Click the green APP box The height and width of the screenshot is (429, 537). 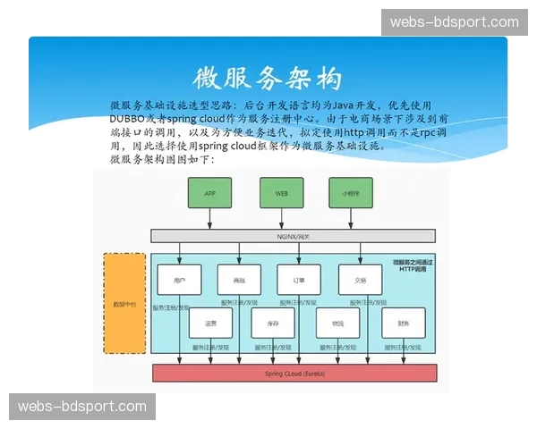pos(209,193)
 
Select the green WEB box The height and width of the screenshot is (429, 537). pos(281,193)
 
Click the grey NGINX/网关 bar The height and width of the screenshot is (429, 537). pos(293,236)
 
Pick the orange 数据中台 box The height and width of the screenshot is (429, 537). pos(124,304)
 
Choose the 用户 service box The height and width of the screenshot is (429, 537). pos(179,280)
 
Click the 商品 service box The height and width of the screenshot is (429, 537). pos(239,280)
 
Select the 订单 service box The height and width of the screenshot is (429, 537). pos(299,280)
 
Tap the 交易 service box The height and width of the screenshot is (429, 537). pos(360,280)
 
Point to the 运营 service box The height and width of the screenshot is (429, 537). pos(210,323)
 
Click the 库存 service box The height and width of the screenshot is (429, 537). pos(273,323)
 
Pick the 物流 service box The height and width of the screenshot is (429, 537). pos(337,323)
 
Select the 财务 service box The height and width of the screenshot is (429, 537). pos(403,323)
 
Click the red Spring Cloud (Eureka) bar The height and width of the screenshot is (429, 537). pos(295,372)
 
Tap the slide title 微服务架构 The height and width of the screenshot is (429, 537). pos(268,78)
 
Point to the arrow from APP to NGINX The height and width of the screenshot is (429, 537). pos(209,219)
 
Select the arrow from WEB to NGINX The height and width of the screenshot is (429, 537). pos(281,219)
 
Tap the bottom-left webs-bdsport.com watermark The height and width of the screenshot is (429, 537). pos(81,407)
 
